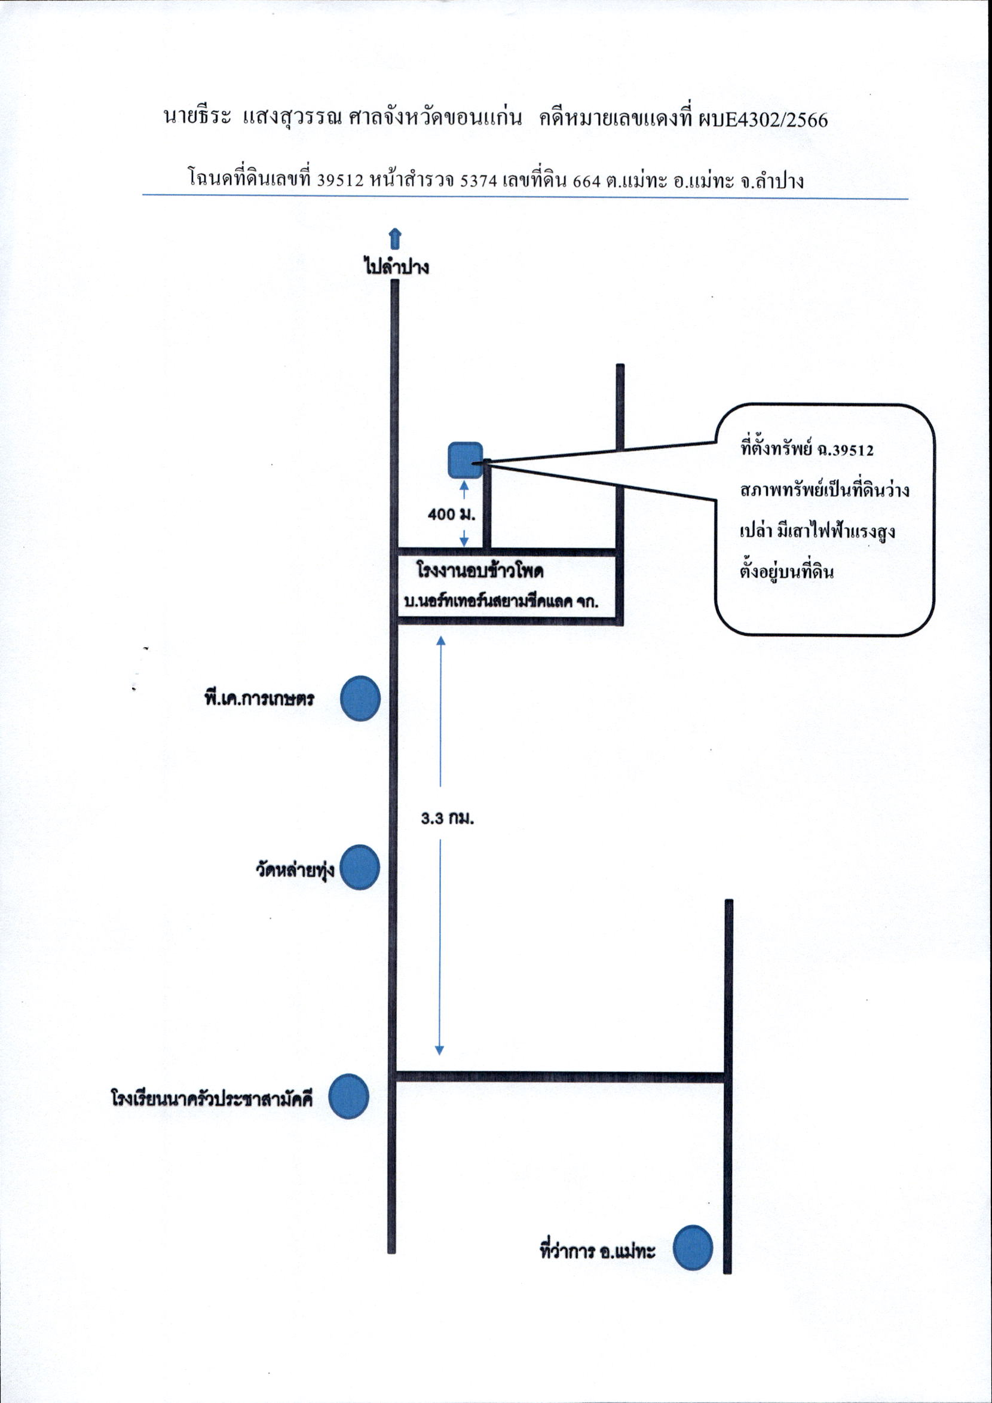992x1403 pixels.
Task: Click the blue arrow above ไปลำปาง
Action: point(395,239)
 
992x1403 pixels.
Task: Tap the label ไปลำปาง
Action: point(397,267)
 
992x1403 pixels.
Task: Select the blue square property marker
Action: point(466,460)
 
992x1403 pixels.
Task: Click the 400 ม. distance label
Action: point(451,514)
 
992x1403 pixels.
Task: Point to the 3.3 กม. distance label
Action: point(448,819)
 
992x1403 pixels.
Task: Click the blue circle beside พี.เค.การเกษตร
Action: point(360,698)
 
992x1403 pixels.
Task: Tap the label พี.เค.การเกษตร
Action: point(259,698)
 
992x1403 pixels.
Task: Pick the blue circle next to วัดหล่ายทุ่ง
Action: point(359,867)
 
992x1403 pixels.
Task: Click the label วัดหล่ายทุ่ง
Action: point(295,868)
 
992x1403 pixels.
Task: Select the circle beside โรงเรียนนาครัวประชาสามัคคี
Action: point(348,1096)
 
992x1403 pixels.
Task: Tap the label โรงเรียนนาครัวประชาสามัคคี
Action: point(212,1098)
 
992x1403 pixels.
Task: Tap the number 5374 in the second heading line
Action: point(479,180)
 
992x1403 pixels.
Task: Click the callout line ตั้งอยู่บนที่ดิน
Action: point(786,572)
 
